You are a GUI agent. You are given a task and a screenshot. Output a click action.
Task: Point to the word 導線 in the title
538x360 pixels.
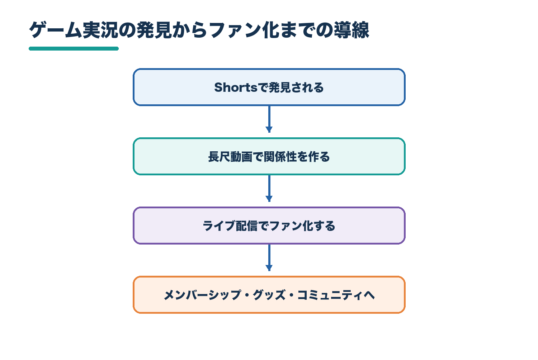[x=351, y=30]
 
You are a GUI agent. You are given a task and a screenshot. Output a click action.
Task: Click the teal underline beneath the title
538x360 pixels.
[x=74, y=49]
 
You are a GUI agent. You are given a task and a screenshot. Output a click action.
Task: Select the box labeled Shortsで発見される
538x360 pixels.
[x=269, y=87]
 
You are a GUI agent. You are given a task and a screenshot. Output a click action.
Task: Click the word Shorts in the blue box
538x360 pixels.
[x=236, y=87]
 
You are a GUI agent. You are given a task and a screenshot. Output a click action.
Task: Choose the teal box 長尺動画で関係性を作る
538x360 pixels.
[x=269, y=156]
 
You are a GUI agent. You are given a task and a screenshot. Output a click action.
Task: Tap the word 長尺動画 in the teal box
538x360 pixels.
[x=230, y=157]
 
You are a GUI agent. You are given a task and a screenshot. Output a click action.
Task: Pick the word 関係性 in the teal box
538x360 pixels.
[x=280, y=157]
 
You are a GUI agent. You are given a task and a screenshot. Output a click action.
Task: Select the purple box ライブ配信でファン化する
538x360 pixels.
[x=269, y=226]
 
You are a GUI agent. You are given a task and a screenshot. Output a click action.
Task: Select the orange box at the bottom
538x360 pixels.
[x=269, y=295]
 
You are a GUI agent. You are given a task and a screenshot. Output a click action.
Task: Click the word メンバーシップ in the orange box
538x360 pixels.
[x=203, y=295]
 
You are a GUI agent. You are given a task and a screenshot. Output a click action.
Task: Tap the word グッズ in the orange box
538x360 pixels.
[x=269, y=295]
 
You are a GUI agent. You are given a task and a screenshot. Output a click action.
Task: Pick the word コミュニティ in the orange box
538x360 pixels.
[x=330, y=295]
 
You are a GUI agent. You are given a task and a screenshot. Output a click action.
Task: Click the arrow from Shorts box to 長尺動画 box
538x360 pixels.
[x=269, y=119]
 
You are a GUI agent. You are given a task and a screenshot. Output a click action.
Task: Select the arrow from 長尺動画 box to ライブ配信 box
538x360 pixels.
[x=269, y=188]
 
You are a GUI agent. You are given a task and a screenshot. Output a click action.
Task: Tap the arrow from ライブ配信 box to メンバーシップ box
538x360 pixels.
[x=269, y=257]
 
